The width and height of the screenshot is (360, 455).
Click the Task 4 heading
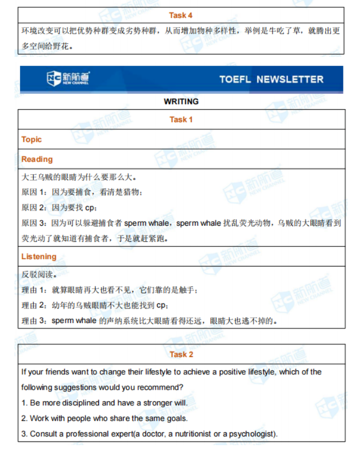[181, 16]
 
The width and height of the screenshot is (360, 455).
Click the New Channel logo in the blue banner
[68, 79]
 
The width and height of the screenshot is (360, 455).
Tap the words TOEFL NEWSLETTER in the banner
[271, 79]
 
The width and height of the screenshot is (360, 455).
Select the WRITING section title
[181, 101]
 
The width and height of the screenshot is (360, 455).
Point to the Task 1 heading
[181, 120]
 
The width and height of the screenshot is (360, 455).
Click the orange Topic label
[32, 139]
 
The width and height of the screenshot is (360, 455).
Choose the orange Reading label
[37, 159]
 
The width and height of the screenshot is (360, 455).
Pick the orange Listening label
[39, 257]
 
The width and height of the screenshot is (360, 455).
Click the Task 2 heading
[181, 355]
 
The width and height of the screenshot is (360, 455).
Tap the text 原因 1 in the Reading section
[34, 193]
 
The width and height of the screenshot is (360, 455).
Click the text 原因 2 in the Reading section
[34, 208]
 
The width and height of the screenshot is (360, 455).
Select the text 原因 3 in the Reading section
[34, 224]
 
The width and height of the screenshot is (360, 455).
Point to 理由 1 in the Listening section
[34, 290]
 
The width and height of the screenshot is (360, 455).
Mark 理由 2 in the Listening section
[34, 305]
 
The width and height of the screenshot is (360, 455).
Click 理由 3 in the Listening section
[34, 321]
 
